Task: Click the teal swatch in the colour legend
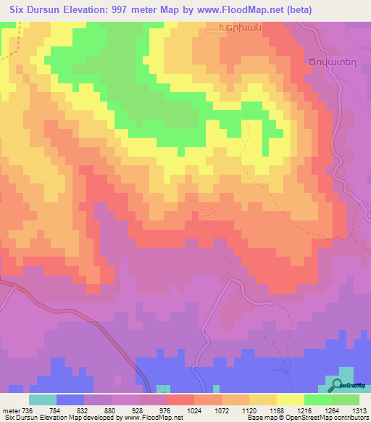(43, 400)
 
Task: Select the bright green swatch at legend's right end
(345, 400)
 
